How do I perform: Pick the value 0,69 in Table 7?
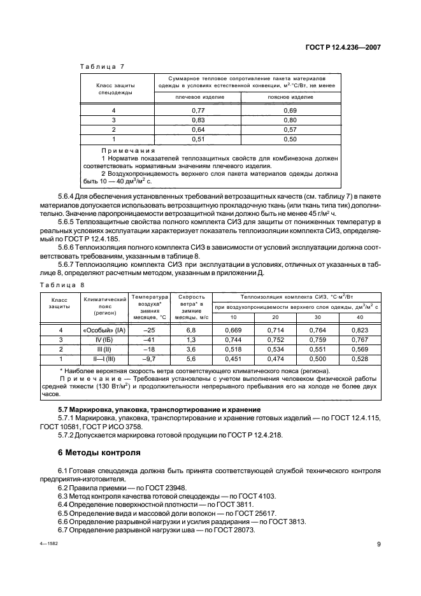point(290,110)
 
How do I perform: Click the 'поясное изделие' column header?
point(290,97)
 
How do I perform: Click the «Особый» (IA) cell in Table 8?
point(103,330)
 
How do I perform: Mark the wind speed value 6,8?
point(192,330)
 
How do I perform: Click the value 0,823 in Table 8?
point(360,330)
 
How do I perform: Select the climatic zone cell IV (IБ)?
point(103,339)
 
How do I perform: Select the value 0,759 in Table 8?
point(317,339)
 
